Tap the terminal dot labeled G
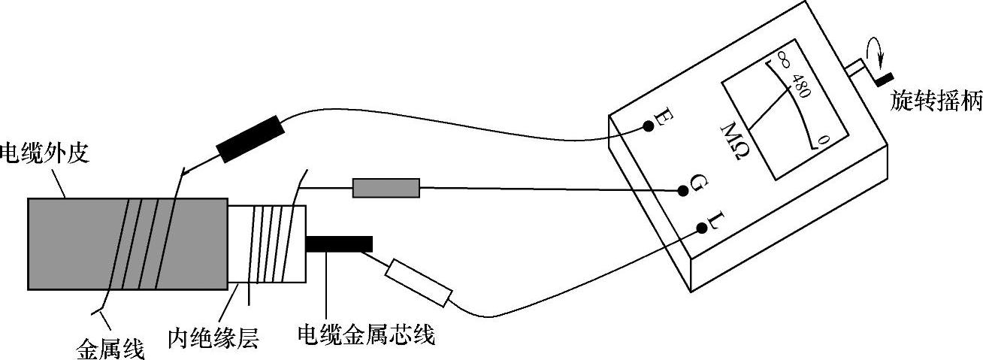coord(682,192)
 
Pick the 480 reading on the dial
coord(800,89)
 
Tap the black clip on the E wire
coord(250,138)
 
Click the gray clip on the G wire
coord(386,188)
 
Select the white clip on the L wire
coord(418,283)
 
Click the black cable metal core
coord(339,244)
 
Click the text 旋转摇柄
coord(936,101)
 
